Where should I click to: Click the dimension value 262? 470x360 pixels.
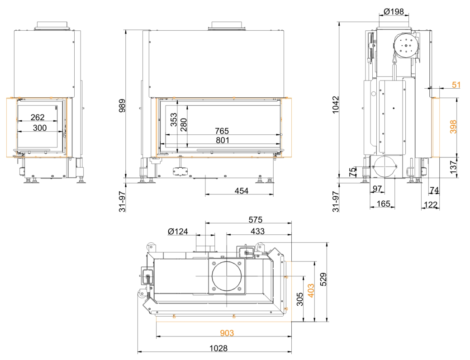(38, 118)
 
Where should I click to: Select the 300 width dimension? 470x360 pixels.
(40, 128)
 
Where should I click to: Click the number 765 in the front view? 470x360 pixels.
(223, 131)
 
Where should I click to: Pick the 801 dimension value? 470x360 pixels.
(223, 141)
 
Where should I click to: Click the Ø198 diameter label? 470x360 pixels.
(393, 11)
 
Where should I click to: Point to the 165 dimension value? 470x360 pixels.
(383, 204)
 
